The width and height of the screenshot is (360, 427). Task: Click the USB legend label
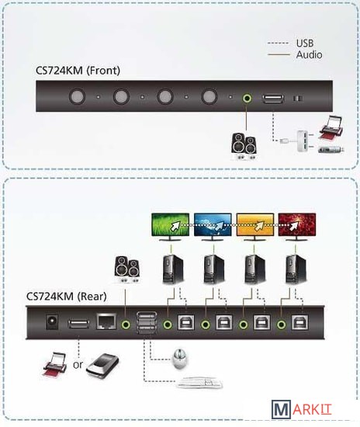(305, 43)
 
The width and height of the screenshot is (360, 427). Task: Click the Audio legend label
(309, 54)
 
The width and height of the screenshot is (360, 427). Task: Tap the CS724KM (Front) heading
(78, 71)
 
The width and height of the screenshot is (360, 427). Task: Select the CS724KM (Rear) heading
(67, 297)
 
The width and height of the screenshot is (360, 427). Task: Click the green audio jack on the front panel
(247, 98)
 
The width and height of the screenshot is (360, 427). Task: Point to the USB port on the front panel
(273, 99)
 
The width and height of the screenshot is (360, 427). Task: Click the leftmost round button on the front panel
(77, 96)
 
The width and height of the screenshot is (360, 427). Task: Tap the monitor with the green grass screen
(171, 227)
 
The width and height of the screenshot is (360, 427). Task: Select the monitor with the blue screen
(213, 227)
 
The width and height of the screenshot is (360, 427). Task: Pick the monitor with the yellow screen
(255, 227)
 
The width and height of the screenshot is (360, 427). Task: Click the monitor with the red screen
(297, 227)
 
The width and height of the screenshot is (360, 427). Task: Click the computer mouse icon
(179, 359)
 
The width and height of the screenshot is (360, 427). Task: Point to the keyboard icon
(200, 383)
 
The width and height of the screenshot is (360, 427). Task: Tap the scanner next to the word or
(102, 365)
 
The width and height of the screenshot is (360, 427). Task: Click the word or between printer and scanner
(78, 365)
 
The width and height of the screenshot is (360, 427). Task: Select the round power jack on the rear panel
(52, 323)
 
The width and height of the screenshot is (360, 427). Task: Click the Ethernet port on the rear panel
(106, 322)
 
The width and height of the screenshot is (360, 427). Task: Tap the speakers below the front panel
(244, 146)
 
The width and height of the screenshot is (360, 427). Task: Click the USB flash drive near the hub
(331, 149)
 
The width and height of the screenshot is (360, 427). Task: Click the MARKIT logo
(301, 410)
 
